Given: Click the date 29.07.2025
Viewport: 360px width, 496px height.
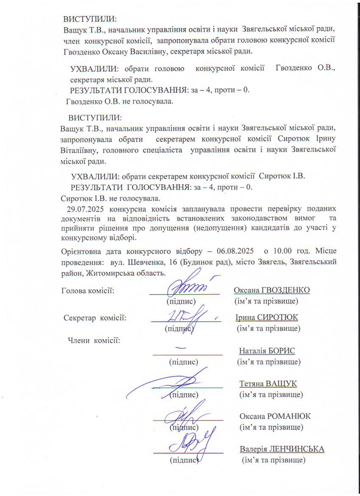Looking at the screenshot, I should [85, 209].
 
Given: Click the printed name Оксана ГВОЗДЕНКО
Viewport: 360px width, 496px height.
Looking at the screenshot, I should [272, 290].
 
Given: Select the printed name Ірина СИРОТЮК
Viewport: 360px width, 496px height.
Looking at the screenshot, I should [266, 317].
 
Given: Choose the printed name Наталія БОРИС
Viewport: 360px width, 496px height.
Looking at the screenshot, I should [267, 351].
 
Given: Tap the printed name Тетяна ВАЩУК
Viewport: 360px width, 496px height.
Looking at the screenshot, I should [268, 384].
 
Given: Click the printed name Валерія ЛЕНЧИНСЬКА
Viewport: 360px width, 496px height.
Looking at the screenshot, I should [282, 449].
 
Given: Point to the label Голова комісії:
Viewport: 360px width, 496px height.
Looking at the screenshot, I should [88, 290].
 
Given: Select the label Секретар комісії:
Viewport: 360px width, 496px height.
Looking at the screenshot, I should [95, 318].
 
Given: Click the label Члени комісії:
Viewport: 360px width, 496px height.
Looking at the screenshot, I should [94, 340].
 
